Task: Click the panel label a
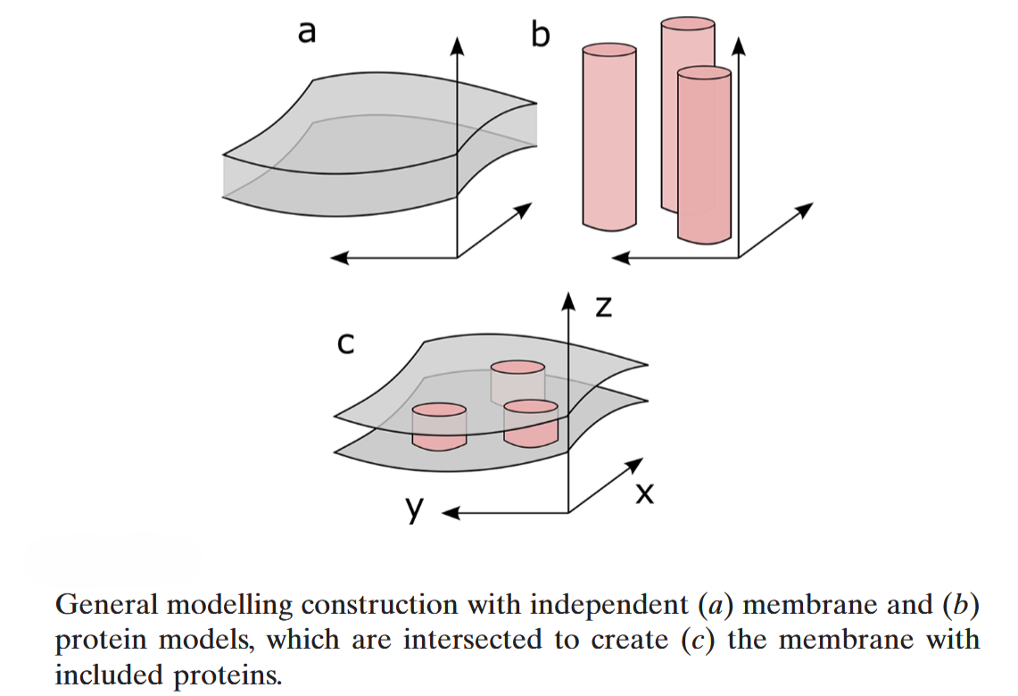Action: coord(306,33)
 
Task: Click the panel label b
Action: coord(541,35)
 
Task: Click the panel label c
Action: coord(344,344)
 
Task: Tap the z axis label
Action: coord(604,307)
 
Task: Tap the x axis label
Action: coord(643,494)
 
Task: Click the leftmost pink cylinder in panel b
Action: coord(608,134)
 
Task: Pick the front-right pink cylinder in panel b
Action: coord(704,156)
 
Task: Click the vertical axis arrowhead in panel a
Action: coord(457,45)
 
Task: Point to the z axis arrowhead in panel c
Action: coord(568,300)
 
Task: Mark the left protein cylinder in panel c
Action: coord(438,427)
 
